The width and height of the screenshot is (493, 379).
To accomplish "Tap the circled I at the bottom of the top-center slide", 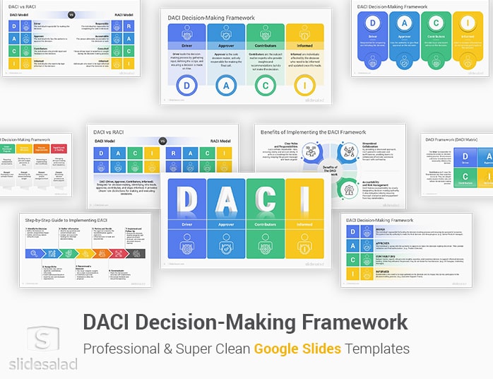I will pos(304,86).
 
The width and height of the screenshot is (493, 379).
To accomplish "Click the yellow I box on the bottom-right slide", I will pos(352,272).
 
